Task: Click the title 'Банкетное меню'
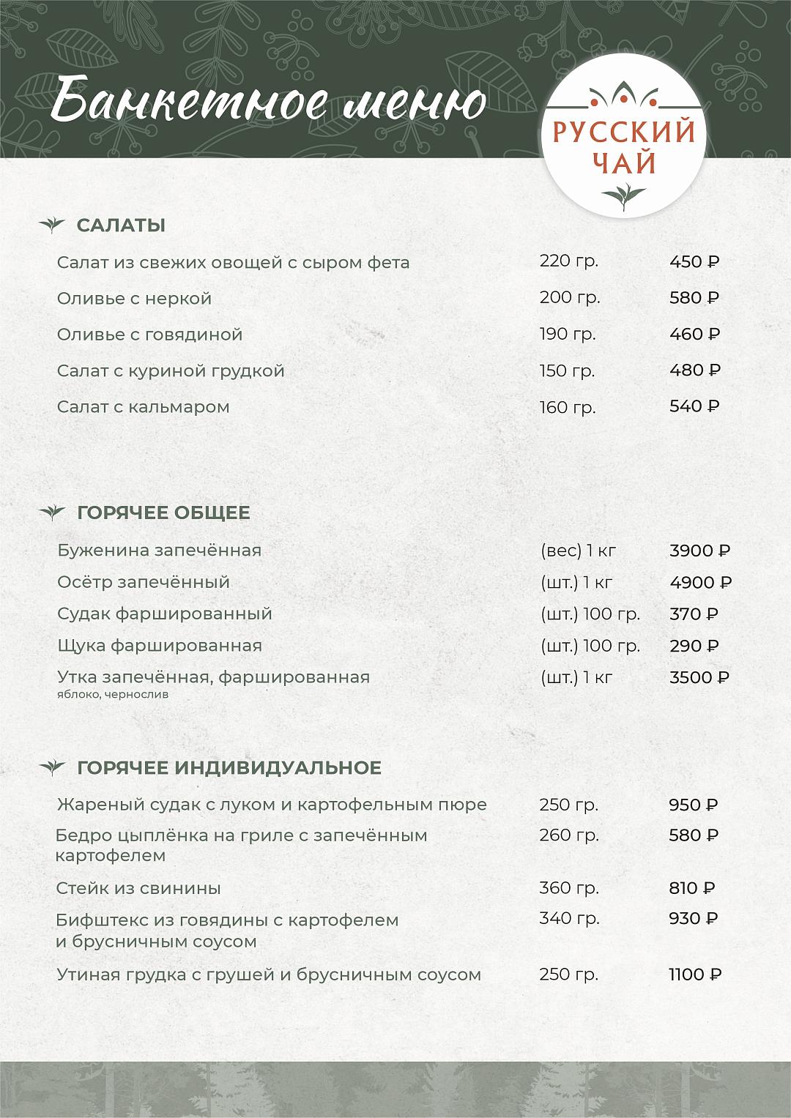point(269,102)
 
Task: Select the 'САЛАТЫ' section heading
point(121,226)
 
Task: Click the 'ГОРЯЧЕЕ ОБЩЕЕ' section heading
point(163,513)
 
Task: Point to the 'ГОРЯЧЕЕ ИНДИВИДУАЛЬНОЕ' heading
point(229,767)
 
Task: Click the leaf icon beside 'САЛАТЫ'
point(52,225)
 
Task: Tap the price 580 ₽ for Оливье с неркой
point(694,298)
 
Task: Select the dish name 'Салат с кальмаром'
point(144,407)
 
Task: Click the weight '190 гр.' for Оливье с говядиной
point(568,335)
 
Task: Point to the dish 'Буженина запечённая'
point(160,551)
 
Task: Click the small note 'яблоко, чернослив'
point(113,694)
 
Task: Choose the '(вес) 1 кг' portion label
point(578,551)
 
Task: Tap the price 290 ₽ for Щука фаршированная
point(694,646)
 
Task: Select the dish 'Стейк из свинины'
point(138,888)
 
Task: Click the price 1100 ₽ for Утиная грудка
point(695,974)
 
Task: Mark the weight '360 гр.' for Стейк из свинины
point(569,888)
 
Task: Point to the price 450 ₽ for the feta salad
point(694,262)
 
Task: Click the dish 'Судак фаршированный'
point(165,614)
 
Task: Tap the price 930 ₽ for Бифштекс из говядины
point(694,918)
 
